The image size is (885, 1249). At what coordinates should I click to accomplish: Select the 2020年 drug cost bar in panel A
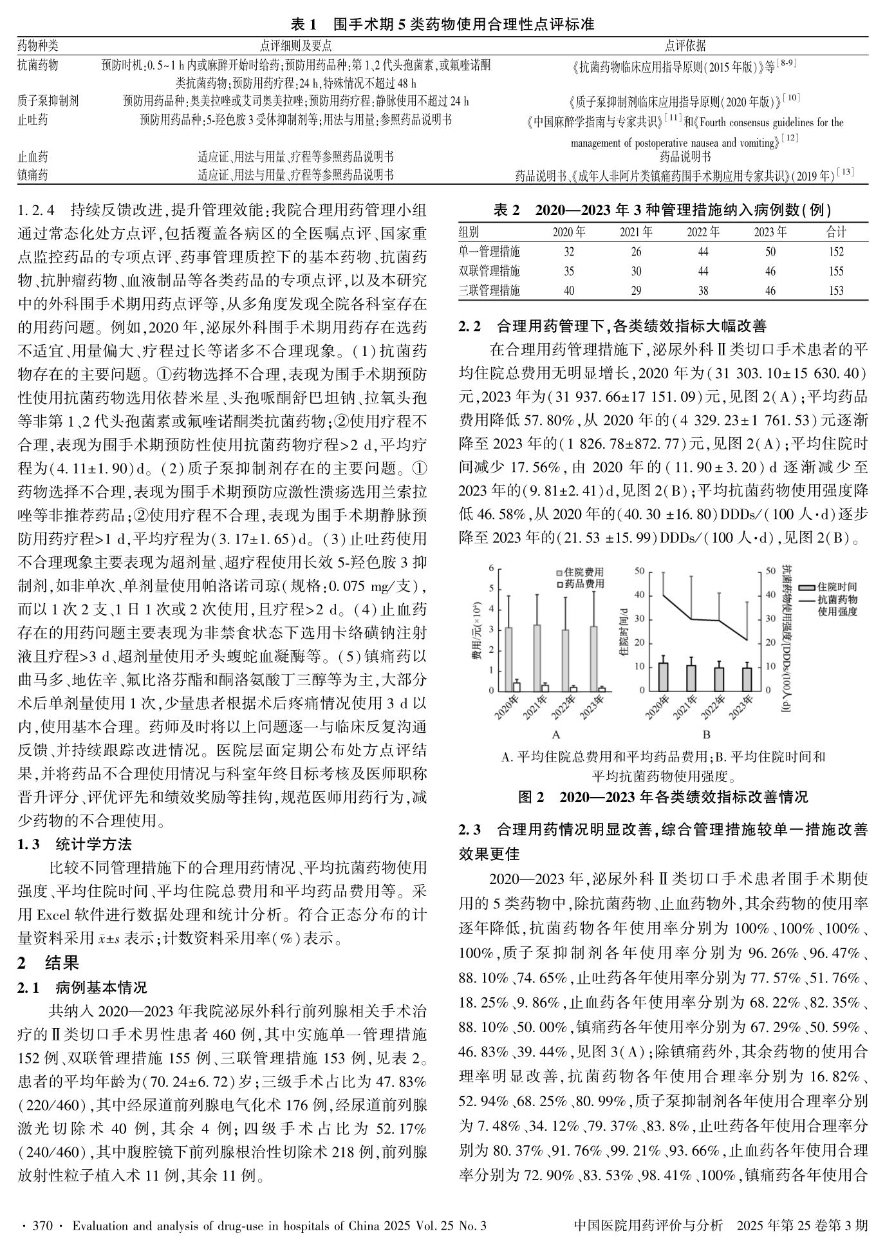(x=516, y=686)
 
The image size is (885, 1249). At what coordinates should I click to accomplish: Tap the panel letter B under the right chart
(x=706, y=735)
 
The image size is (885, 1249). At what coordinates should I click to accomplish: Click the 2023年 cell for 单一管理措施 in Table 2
(x=770, y=252)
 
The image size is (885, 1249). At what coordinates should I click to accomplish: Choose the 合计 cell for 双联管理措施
(x=835, y=271)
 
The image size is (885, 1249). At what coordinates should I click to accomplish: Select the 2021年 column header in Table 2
(x=636, y=232)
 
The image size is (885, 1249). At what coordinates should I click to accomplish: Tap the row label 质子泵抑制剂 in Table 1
(x=48, y=101)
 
